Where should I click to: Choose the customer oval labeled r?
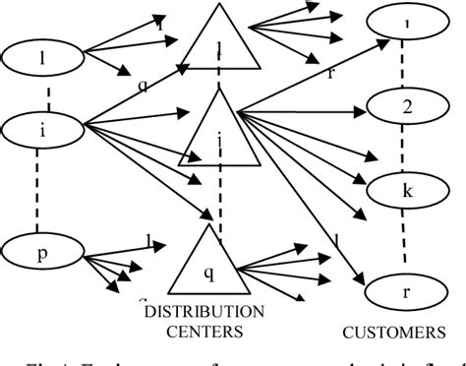(406, 291)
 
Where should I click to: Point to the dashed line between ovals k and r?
(406, 241)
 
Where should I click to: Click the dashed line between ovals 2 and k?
(406, 148)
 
